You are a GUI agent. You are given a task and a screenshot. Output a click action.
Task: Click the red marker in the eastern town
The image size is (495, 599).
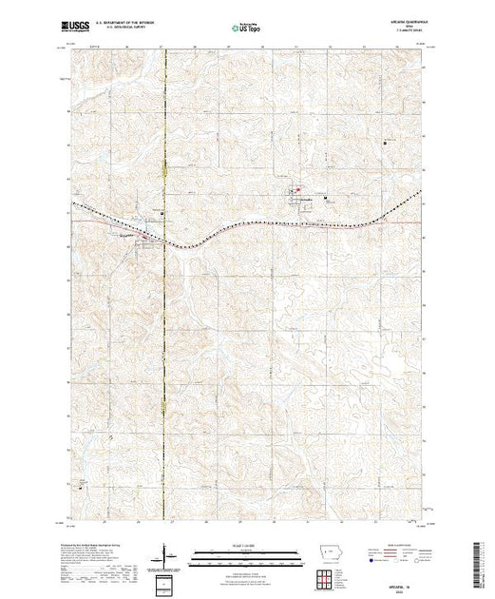pos(295,186)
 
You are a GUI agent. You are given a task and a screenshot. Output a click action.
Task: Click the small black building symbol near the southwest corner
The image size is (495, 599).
pos(81,487)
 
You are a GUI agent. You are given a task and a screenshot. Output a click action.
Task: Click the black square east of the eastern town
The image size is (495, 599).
pos(326,198)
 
